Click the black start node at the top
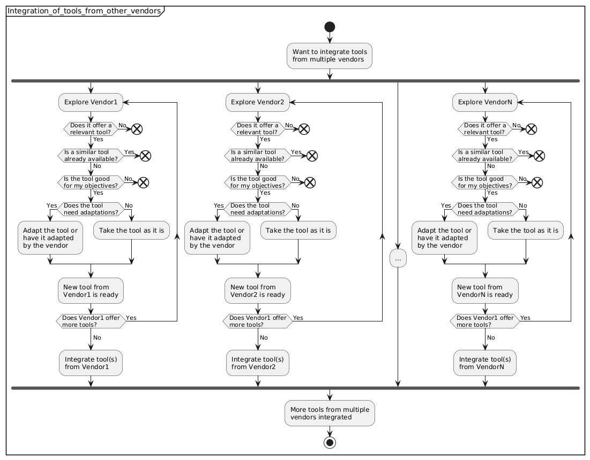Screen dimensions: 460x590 pyautogui.click(x=329, y=26)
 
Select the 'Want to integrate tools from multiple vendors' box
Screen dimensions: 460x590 pyautogui.click(x=329, y=56)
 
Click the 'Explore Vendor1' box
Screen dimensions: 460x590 pyautogui.click(x=91, y=102)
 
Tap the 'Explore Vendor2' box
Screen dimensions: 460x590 pyautogui.click(x=258, y=102)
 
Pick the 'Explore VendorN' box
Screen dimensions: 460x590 pyautogui.click(x=484, y=102)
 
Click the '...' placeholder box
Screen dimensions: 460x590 pyautogui.click(x=398, y=258)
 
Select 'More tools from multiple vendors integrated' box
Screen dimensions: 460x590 pyautogui.click(x=329, y=413)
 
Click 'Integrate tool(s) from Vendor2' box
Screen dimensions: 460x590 pyautogui.click(x=258, y=363)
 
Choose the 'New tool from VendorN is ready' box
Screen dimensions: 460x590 pyautogui.click(x=484, y=291)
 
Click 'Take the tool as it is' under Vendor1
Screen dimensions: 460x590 pyautogui.click(x=132, y=231)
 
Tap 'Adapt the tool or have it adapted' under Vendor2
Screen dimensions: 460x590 pyautogui.click(x=217, y=237)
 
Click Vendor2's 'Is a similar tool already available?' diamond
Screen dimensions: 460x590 pyautogui.click(x=257, y=155)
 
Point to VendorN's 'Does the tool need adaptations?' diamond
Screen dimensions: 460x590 pyautogui.click(x=484, y=209)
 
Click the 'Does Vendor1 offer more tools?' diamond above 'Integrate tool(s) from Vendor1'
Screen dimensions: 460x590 pyautogui.click(x=91, y=321)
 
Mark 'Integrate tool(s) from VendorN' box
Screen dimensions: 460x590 pyautogui.click(x=484, y=363)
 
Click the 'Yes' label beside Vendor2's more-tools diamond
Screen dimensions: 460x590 pyautogui.click(x=298, y=317)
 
